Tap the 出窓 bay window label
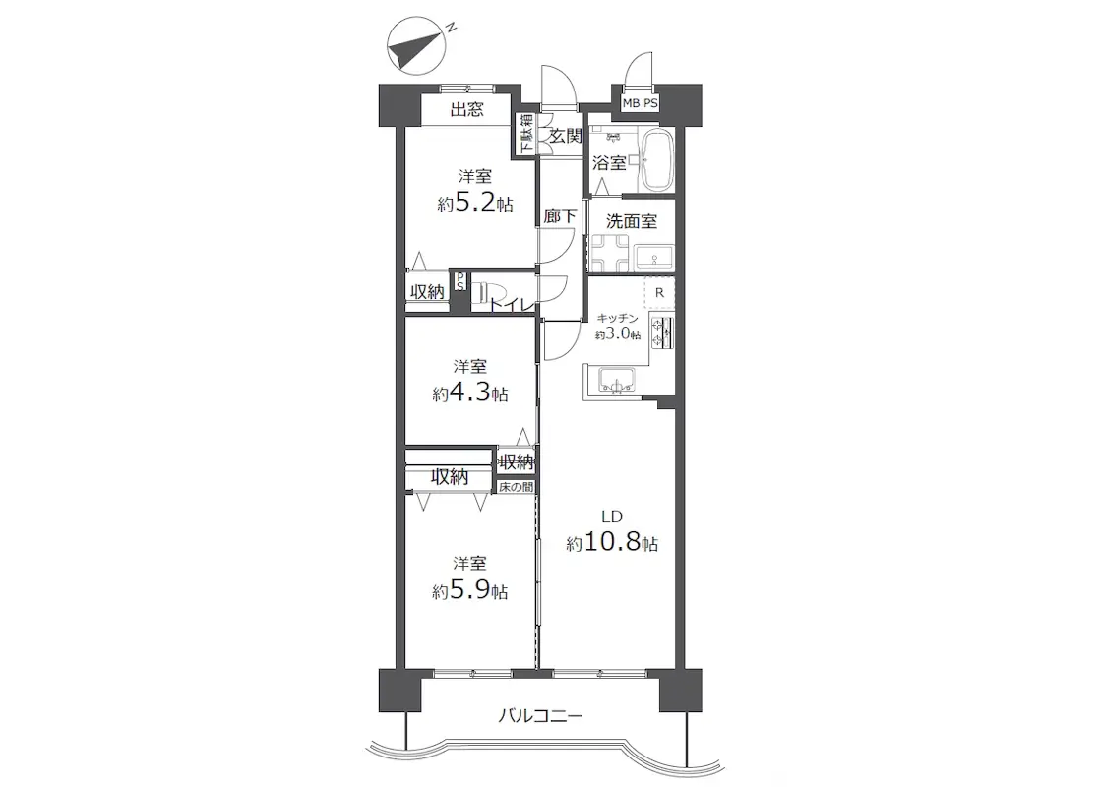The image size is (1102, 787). (x=466, y=109)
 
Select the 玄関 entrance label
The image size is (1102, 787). (x=565, y=136)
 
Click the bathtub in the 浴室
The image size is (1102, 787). (x=656, y=160)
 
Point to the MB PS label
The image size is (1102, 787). (x=640, y=103)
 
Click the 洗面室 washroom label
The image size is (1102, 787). (x=631, y=221)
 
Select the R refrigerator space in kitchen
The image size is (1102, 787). (x=659, y=293)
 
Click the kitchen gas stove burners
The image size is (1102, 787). (x=661, y=333)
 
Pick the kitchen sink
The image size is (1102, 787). (x=616, y=380)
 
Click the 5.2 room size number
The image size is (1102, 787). (x=475, y=203)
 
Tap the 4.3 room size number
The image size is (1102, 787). (x=470, y=393)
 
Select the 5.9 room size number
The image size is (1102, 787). (x=470, y=590)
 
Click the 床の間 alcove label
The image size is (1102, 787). (x=516, y=486)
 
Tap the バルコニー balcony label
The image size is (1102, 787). (x=540, y=717)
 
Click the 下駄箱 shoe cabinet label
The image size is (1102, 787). (x=525, y=134)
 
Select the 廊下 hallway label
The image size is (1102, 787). (x=560, y=215)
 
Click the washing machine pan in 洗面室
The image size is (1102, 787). (x=609, y=252)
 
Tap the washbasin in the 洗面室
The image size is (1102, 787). (x=654, y=258)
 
